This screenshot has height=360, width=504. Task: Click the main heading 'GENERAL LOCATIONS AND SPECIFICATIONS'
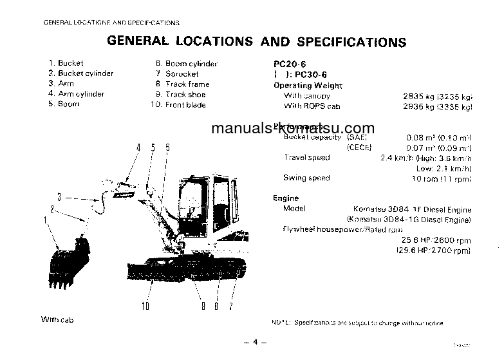click(256, 42)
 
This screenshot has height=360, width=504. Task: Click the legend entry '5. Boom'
click(64, 104)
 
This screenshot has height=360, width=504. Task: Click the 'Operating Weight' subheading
click(308, 86)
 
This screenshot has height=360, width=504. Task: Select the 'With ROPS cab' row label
click(312, 106)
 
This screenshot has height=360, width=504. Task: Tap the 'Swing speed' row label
click(306, 178)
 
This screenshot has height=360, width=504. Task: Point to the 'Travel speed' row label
click(306, 157)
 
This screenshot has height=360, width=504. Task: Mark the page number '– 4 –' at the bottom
click(255, 342)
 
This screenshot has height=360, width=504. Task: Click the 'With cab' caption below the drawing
click(59, 319)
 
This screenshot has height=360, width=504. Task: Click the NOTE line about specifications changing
click(358, 323)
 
